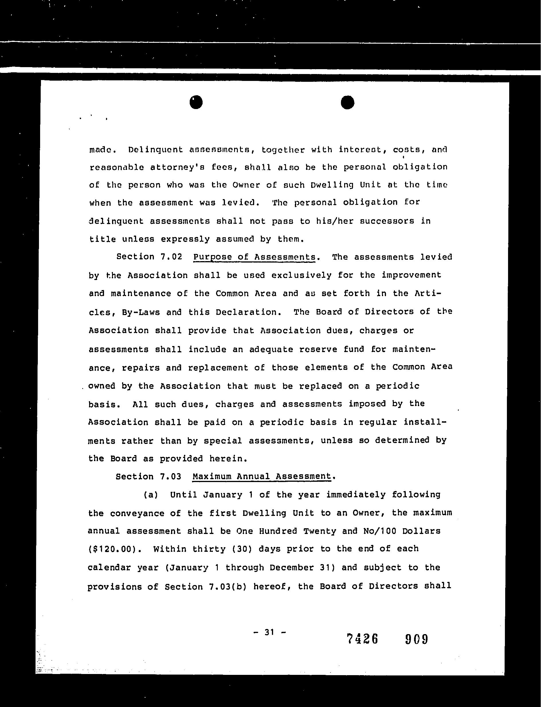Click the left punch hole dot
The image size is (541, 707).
pos(196,102)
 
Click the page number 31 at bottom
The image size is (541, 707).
pos(269,632)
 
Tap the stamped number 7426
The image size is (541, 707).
pos(362,639)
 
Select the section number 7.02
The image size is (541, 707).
pos(171,257)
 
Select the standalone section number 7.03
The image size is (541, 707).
pos(170,477)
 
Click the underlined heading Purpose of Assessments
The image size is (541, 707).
pos(254,257)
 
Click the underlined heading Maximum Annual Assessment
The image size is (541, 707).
pos(262,477)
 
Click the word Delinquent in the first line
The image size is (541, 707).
pos(155,149)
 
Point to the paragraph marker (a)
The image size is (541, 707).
pos(151,495)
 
